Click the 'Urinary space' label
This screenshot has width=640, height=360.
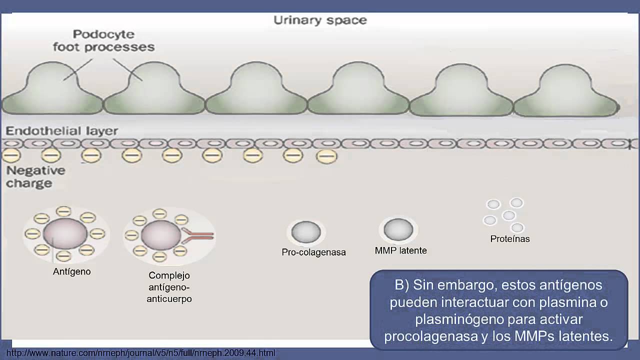(x=320, y=20)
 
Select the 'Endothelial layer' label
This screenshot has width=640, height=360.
(x=61, y=131)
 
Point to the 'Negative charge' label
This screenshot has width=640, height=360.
(x=35, y=177)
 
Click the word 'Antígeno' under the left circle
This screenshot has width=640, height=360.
(x=71, y=271)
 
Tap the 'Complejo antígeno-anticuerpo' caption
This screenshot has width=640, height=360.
(x=169, y=287)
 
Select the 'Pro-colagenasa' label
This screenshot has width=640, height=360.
(x=313, y=252)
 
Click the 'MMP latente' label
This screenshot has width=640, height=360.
(x=400, y=250)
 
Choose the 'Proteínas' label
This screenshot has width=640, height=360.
(x=509, y=239)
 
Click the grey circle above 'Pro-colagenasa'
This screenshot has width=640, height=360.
(x=306, y=232)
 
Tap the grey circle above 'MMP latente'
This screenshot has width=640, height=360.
(x=398, y=230)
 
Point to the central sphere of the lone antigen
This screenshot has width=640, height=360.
(x=65, y=233)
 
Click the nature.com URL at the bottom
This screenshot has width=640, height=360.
(x=140, y=353)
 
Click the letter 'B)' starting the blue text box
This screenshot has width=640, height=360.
(x=402, y=285)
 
